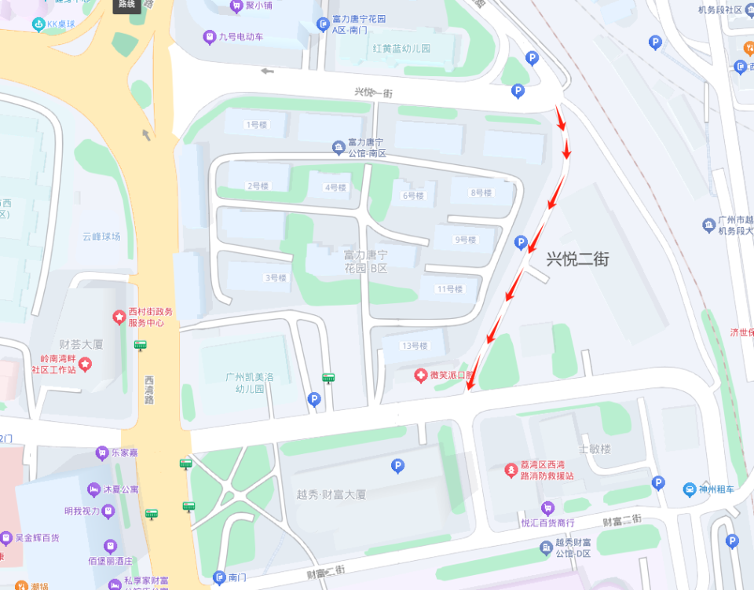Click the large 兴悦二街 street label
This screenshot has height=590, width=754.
pos(578,258)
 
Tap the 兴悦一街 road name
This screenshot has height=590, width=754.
pos(372,92)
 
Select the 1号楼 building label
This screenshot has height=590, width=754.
pos(255,125)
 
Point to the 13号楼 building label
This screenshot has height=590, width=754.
pos(414,346)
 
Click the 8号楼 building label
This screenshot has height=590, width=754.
pos(481,192)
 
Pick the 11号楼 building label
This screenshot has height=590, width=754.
pos(450,289)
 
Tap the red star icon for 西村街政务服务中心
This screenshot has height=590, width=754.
pos(119,317)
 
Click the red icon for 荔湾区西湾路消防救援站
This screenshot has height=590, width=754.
pos(511,471)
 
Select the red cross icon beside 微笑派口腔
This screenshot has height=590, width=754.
pos(421,376)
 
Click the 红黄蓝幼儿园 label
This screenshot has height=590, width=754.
pos(402,48)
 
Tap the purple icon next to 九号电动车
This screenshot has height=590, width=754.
pos(209,36)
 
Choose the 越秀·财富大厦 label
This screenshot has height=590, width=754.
pos(331,495)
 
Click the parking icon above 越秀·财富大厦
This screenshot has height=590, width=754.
pos(397,467)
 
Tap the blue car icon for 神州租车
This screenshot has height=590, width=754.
pos(690,489)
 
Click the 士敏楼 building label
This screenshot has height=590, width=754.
pos(595,449)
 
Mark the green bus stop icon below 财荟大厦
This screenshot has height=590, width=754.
pos(141,344)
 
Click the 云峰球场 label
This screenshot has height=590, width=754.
pos(102,236)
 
